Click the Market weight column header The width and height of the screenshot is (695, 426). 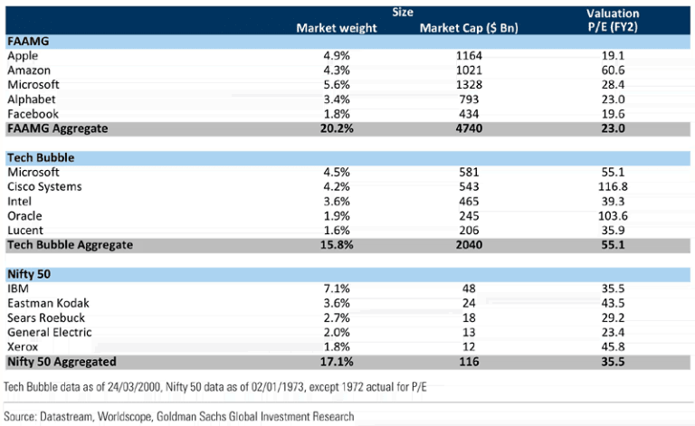(x=337, y=28)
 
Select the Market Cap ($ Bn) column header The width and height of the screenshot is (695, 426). (x=469, y=28)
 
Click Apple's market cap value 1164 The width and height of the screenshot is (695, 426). (x=468, y=56)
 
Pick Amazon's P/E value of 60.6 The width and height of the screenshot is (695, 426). (x=612, y=71)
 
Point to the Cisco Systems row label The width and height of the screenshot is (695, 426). (x=44, y=186)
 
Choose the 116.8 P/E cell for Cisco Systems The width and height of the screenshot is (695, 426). (x=612, y=186)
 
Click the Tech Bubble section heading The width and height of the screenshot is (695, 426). (x=41, y=157)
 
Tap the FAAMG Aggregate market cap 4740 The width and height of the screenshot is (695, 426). (x=468, y=128)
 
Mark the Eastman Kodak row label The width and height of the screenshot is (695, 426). (x=48, y=303)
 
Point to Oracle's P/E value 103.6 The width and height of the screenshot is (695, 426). (x=612, y=215)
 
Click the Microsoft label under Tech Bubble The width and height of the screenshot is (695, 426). (x=33, y=172)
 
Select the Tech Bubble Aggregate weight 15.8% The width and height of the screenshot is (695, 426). (x=337, y=245)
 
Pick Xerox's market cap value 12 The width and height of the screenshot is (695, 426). (x=468, y=346)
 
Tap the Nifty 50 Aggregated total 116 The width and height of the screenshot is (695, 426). (x=468, y=361)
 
